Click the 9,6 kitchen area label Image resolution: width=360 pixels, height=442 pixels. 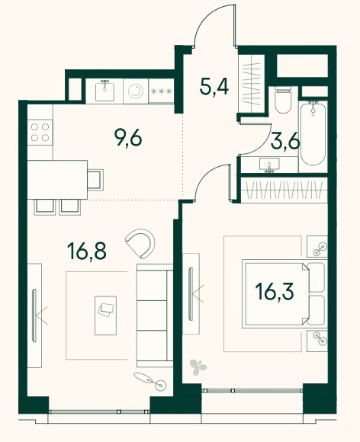click(128, 139)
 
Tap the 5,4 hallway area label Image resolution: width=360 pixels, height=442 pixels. click(214, 87)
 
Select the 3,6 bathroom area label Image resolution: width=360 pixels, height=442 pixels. click(285, 143)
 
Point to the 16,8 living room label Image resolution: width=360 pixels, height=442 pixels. click(87, 251)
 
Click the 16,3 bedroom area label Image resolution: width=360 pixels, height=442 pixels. click(275, 291)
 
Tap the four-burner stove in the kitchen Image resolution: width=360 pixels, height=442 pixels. click(40, 132)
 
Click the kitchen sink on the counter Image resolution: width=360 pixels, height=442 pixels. click(104, 90)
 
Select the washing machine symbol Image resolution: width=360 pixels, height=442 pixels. click(136, 91)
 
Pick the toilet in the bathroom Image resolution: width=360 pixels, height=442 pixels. click(283, 101)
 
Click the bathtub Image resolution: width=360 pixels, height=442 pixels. click(313, 134)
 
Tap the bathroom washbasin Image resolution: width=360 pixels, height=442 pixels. click(269, 165)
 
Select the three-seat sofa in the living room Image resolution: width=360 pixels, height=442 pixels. click(155, 315)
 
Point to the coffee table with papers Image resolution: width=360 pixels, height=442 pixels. click(105, 315)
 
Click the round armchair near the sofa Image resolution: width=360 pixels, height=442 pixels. click(141, 244)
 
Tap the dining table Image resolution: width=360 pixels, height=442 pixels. click(57, 180)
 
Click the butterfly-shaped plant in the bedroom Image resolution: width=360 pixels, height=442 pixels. click(198, 367)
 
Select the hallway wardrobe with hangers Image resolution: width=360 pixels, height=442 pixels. click(252, 83)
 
